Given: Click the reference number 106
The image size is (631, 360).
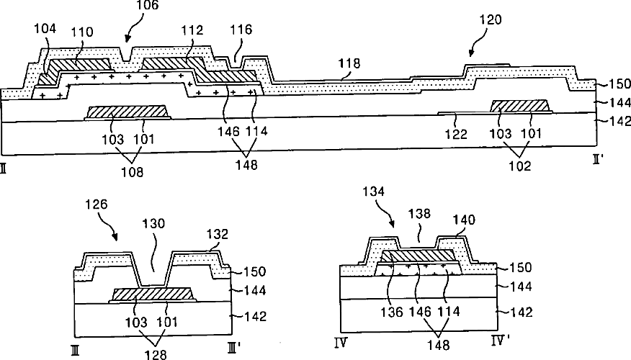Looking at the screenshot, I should coord(147,6).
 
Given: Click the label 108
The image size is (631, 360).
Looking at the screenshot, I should coord(131,173).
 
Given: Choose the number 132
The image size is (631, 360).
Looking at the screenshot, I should coord(218,234).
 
